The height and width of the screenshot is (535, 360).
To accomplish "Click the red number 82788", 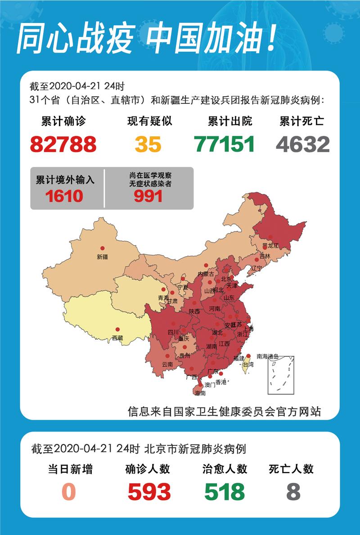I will pos(63,144).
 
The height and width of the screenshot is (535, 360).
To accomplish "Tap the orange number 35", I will pos(148,144).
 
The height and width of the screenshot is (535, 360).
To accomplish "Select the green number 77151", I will pos(225,144).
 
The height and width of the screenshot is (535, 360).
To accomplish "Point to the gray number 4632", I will pos(303,144).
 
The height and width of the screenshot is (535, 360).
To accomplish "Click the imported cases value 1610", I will pos(64,196).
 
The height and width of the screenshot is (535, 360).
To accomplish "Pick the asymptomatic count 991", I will pos(148,196).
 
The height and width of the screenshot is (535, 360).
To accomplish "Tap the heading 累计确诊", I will pos(63,121).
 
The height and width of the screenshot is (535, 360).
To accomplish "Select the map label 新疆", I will pos(102,257).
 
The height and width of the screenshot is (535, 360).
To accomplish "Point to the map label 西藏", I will pos(117,337).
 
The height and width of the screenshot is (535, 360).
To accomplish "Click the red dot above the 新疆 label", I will pos(102,248).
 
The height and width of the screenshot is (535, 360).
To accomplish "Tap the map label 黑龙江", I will pos(270,246).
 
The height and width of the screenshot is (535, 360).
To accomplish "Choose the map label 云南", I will pos(167,364).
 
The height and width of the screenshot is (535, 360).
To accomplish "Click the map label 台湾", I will pos(248,365).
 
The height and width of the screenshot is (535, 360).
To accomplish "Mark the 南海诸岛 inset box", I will pos(281,375).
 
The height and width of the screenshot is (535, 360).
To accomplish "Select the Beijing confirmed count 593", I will pos(149,492).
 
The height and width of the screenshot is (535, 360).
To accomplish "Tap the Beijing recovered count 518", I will pos(225,492).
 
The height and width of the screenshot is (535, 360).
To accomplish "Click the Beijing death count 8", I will pos(293,492).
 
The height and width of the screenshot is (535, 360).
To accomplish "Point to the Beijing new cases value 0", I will pos(68,492).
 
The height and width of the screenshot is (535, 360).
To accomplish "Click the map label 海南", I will pos(200,393).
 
